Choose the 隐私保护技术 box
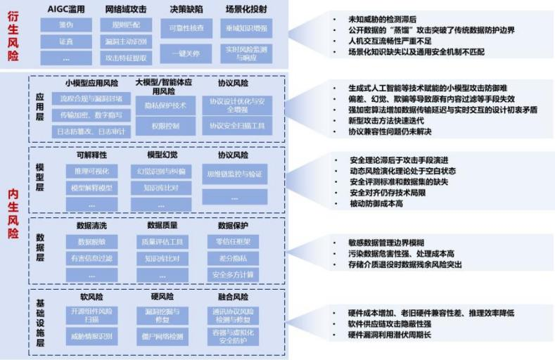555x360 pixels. coord(165,106)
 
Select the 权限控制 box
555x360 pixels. coord(165,127)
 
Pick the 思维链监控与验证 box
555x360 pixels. coord(235,173)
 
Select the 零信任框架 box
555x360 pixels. coord(235,242)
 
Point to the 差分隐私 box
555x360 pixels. coord(235,258)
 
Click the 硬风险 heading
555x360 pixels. coord(161,297)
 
